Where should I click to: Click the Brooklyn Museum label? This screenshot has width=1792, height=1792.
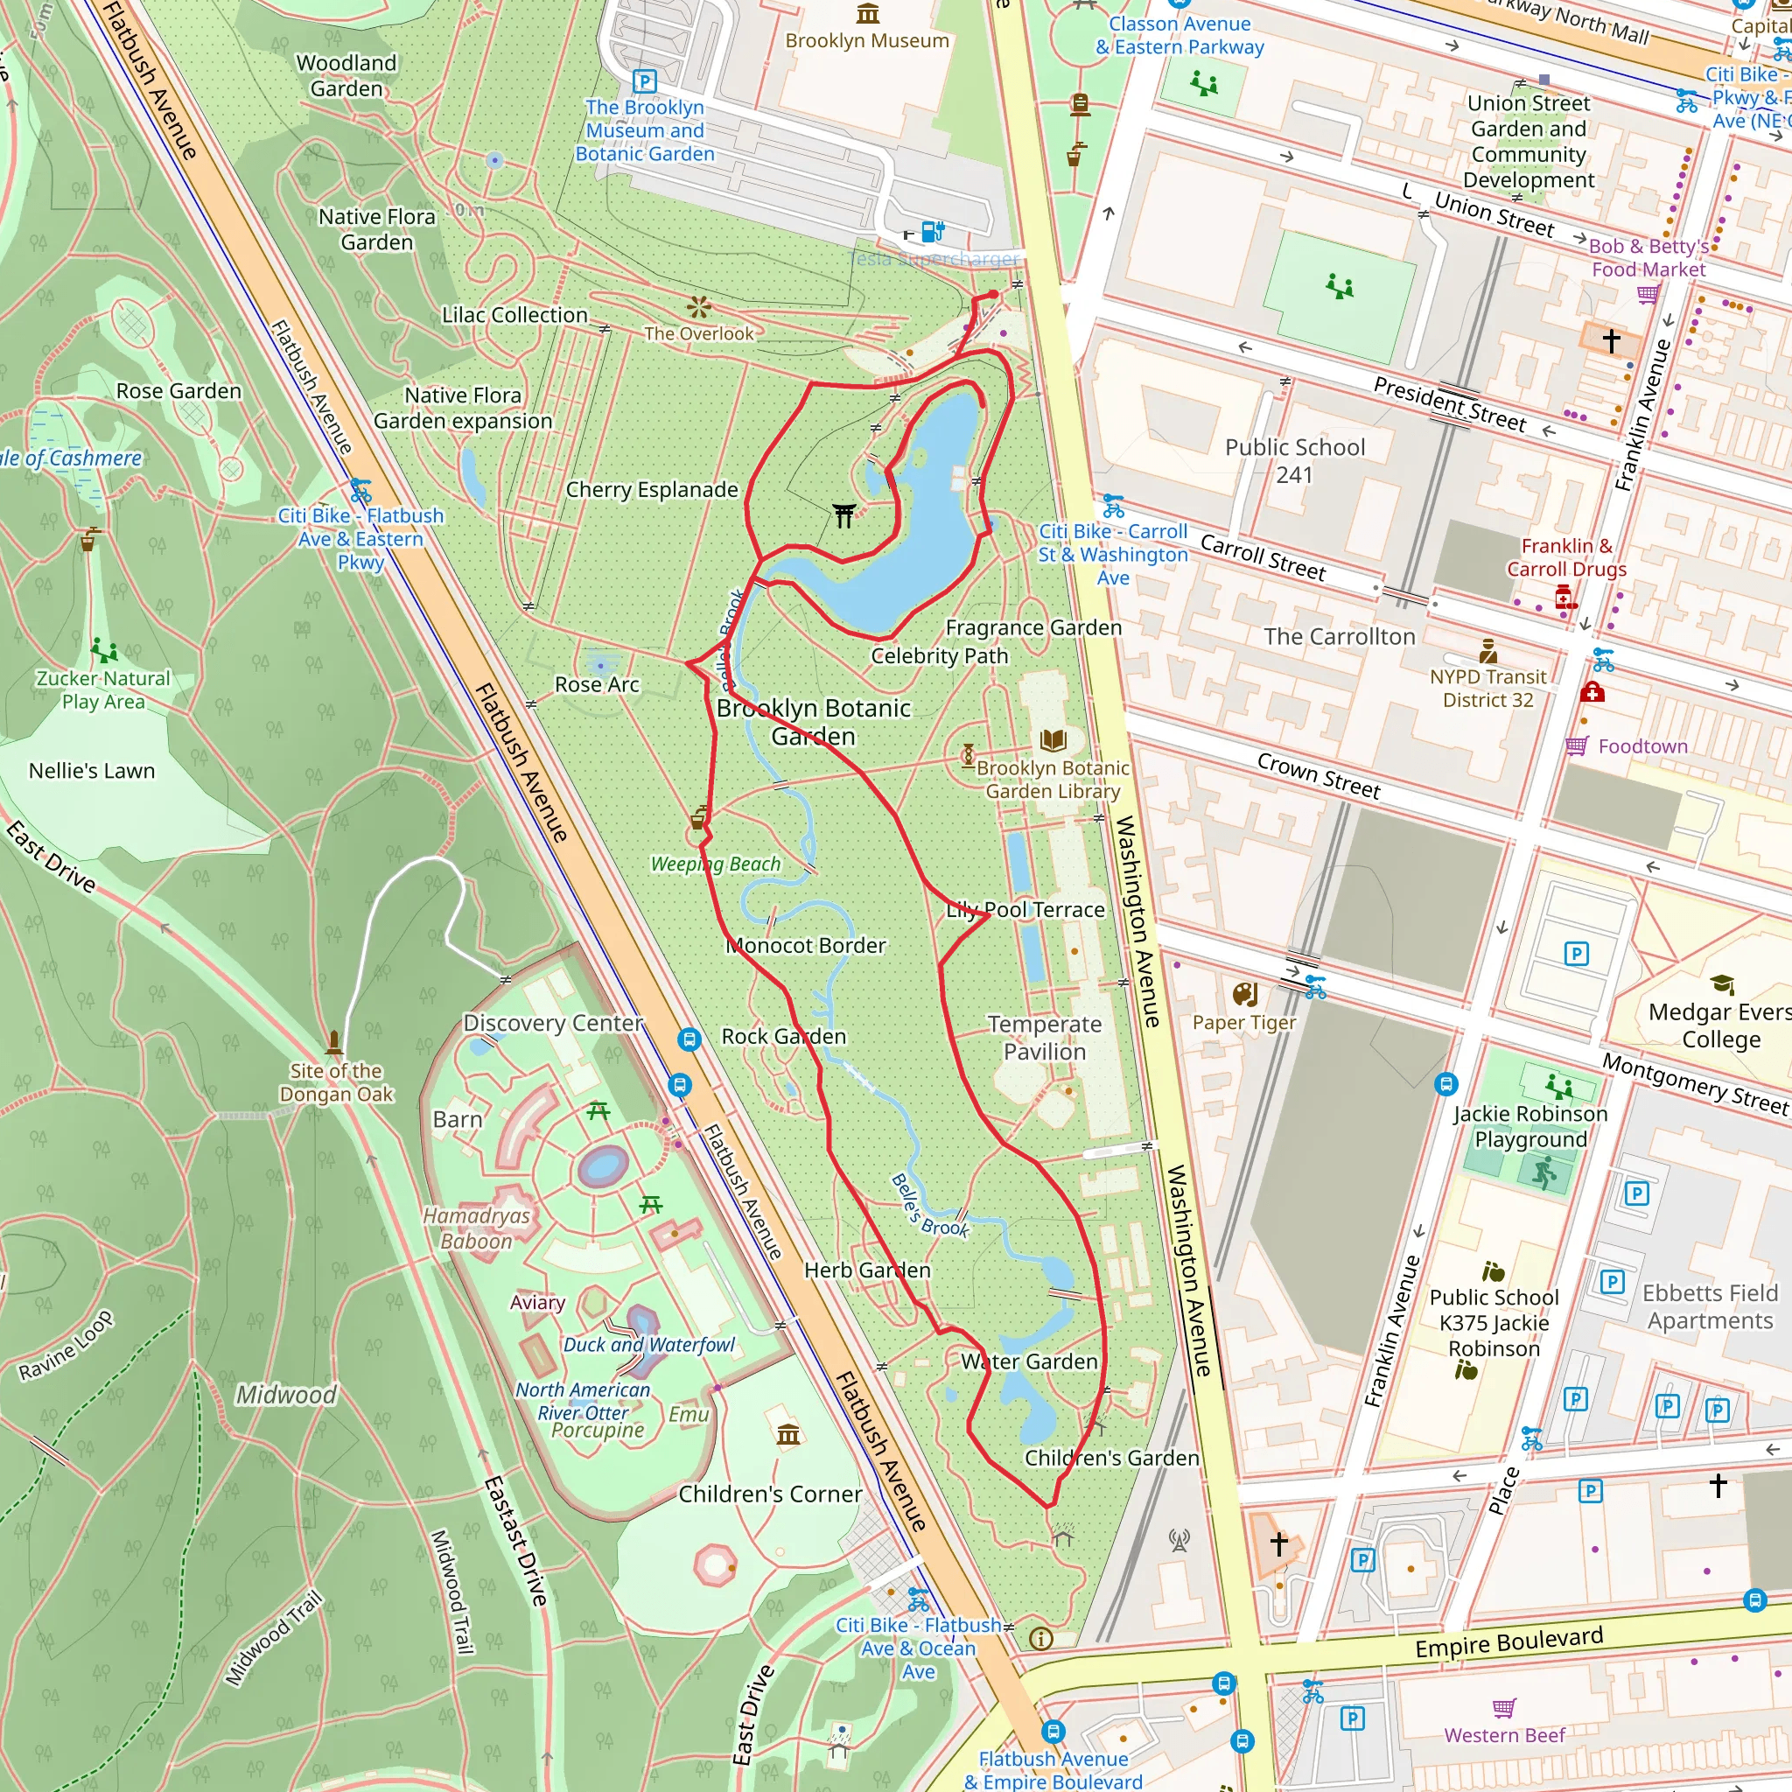[866, 41]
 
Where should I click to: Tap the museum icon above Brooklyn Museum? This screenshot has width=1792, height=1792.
[867, 13]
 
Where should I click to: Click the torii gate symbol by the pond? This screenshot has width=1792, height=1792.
[843, 514]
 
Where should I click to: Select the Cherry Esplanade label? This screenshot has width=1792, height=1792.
[651, 490]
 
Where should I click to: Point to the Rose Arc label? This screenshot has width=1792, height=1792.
[597, 684]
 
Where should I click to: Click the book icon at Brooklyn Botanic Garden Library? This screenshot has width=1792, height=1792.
[1053, 740]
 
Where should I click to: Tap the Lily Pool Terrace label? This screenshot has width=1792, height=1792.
[1025, 910]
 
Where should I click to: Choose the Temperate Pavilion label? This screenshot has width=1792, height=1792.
[1045, 1038]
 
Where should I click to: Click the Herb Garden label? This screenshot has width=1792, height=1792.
[866, 1270]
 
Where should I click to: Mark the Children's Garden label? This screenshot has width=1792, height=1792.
[1111, 1457]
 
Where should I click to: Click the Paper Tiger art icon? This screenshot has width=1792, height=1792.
[1245, 995]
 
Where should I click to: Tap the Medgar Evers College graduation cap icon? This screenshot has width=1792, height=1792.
[1721, 984]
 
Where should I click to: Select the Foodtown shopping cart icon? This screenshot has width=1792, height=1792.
[1576, 745]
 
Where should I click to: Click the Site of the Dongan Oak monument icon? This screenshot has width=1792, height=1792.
[334, 1040]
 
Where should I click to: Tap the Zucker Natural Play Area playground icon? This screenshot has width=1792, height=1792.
[104, 650]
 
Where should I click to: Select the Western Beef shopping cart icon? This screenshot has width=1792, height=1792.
[1503, 1708]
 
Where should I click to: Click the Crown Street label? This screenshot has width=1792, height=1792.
[1318, 775]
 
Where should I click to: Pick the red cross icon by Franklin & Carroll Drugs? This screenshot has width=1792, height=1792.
[1565, 598]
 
